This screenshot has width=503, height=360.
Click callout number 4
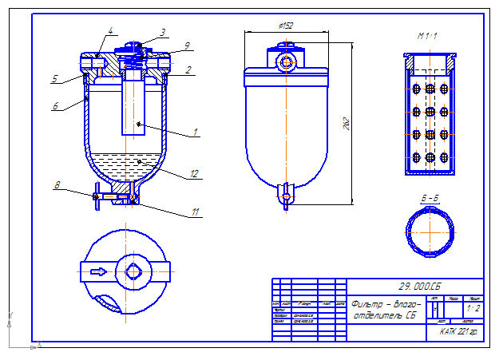pos(111,31)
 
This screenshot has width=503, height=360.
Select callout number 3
pos(162,33)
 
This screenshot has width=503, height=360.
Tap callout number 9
pos(187,45)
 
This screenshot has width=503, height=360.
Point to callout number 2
pos(188,70)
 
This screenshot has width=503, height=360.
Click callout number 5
pos(55,78)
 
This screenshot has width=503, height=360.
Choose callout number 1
pos(195,132)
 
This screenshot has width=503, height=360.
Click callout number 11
pos(196,212)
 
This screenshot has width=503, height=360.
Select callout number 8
pos(57,186)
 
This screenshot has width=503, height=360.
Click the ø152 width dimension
pos(284,26)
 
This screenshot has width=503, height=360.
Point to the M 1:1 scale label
pos(429,37)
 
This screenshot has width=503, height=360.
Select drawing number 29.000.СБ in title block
pos(420,285)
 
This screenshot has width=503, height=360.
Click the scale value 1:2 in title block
pos(473,307)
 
